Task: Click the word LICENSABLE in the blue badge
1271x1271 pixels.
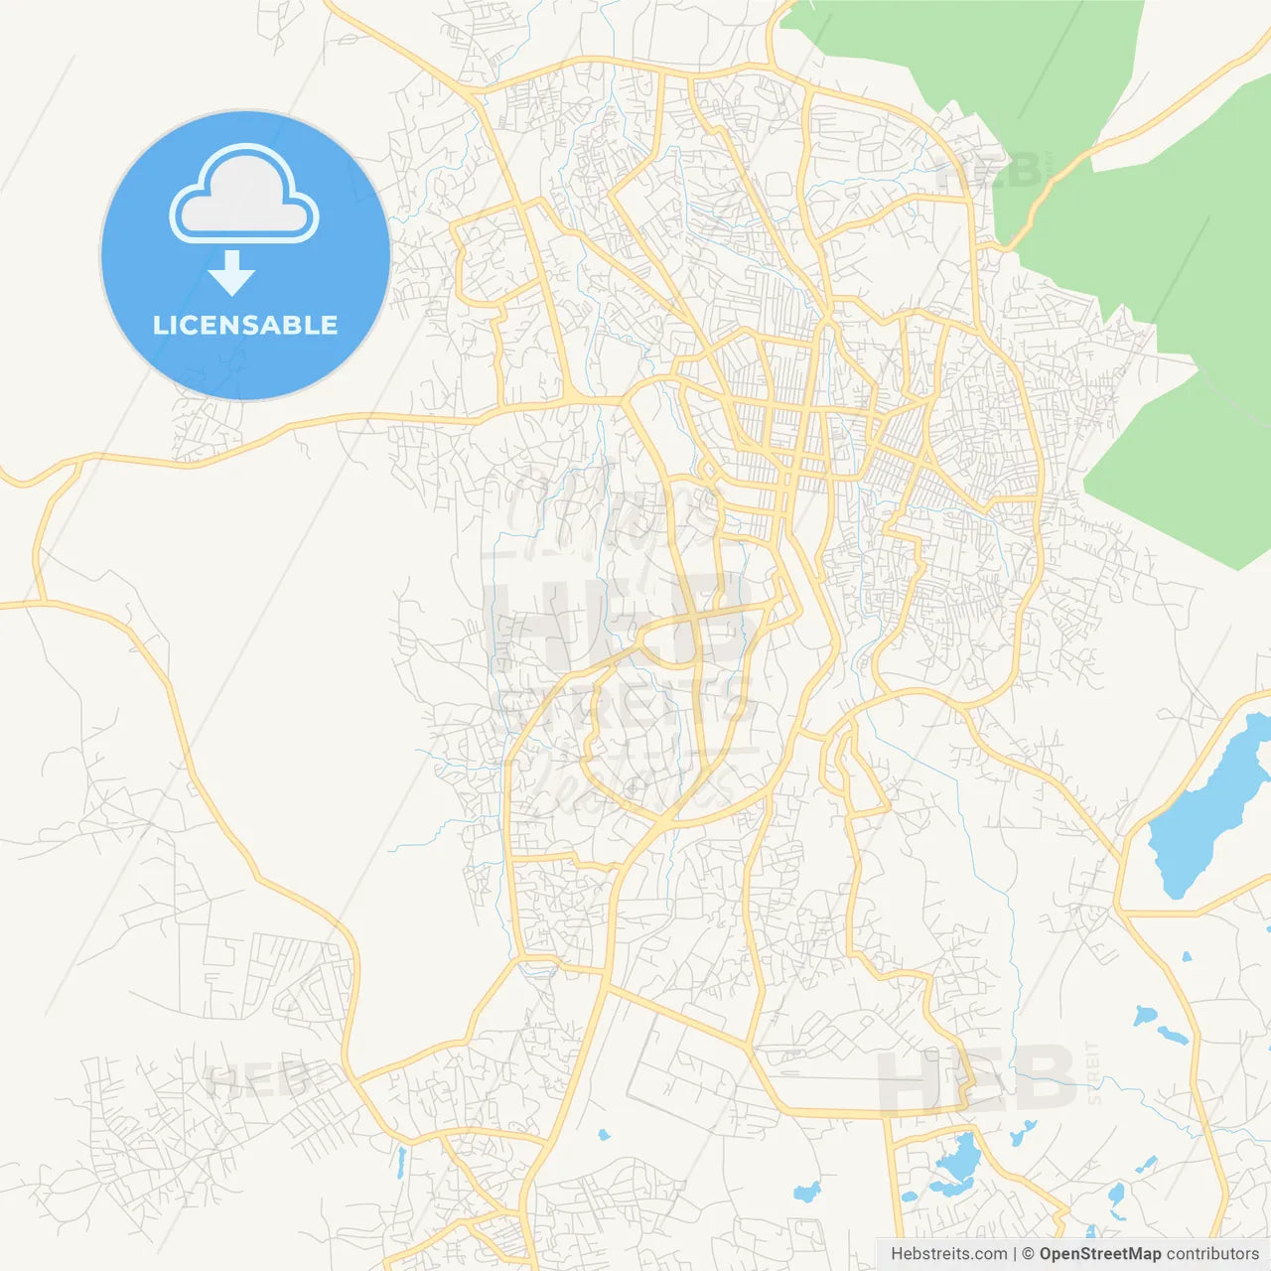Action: point(245,326)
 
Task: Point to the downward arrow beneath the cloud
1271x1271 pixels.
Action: point(232,273)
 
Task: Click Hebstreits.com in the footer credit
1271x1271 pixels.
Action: point(948,1254)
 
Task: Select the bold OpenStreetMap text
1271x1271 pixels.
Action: point(1099,1254)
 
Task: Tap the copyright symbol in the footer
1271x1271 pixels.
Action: point(1029,1254)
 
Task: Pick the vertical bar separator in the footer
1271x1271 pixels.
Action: point(1015,1254)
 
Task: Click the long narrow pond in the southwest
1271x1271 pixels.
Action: point(400,1163)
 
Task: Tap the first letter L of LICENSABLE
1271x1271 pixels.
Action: point(160,326)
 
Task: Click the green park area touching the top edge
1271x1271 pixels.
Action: point(953,50)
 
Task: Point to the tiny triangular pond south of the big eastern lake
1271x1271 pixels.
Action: point(1186,958)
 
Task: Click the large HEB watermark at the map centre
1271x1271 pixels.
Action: point(616,621)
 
